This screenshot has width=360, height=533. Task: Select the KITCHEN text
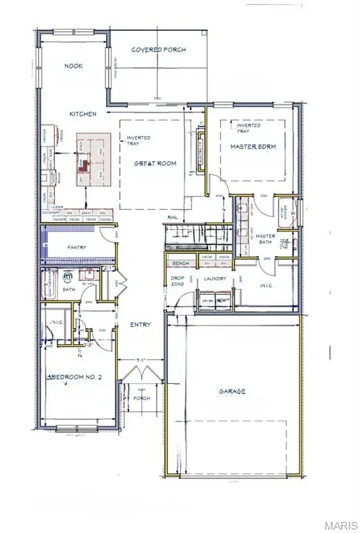click(82, 114)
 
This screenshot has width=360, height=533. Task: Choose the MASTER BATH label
click(266, 240)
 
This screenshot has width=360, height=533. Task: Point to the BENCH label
click(181, 264)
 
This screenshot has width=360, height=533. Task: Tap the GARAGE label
click(234, 391)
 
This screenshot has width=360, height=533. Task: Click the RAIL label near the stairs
click(173, 218)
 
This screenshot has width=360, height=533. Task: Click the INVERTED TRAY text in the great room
click(137, 142)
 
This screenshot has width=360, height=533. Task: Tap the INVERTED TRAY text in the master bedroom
click(248, 128)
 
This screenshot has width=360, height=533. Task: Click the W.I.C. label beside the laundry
click(268, 285)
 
